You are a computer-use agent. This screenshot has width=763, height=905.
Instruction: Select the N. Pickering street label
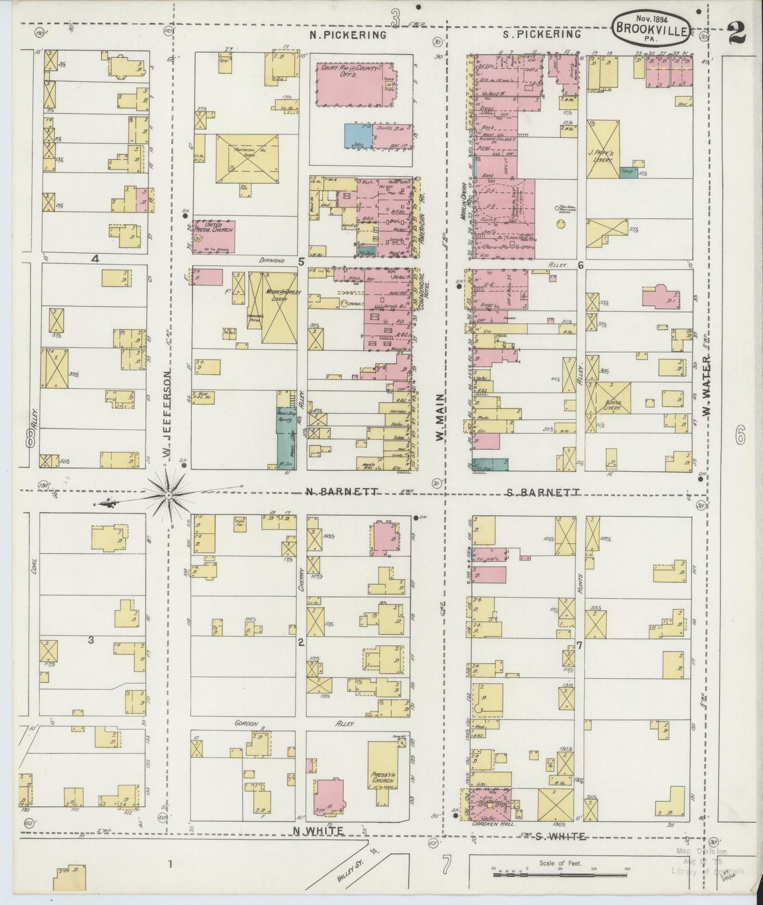[x=348, y=35]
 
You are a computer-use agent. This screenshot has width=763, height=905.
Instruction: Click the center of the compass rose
[x=168, y=495]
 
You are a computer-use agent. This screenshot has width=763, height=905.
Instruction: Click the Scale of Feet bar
[x=560, y=874]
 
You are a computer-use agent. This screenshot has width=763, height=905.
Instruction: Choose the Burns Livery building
[x=614, y=406]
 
